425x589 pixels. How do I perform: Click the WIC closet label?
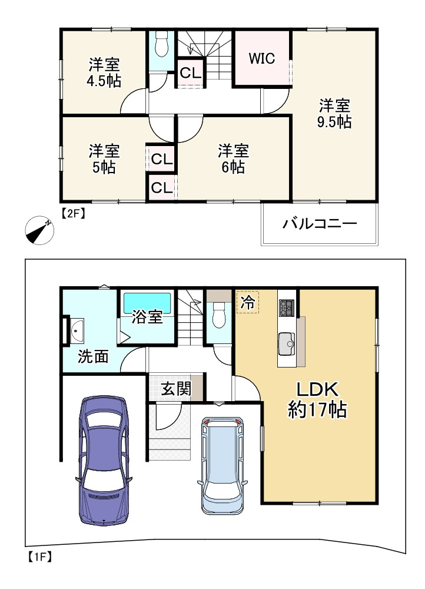point(262,59)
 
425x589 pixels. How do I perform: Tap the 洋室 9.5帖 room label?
point(336,114)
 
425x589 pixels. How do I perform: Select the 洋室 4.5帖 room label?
point(104,72)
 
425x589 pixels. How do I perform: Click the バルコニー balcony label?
point(320,224)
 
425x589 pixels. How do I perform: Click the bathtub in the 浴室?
point(147,304)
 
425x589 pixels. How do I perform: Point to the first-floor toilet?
point(219,315)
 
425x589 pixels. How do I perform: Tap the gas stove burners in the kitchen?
point(286,307)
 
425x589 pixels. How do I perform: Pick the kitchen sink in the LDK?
point(287,342)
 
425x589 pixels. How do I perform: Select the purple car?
point(104,459)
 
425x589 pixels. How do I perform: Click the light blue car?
point(222,465)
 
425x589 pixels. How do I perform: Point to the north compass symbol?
point(40,230)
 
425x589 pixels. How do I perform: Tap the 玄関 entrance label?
point(175,389)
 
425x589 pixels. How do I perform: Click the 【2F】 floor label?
point(73,214)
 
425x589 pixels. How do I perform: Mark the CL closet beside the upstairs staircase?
point(191,74)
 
